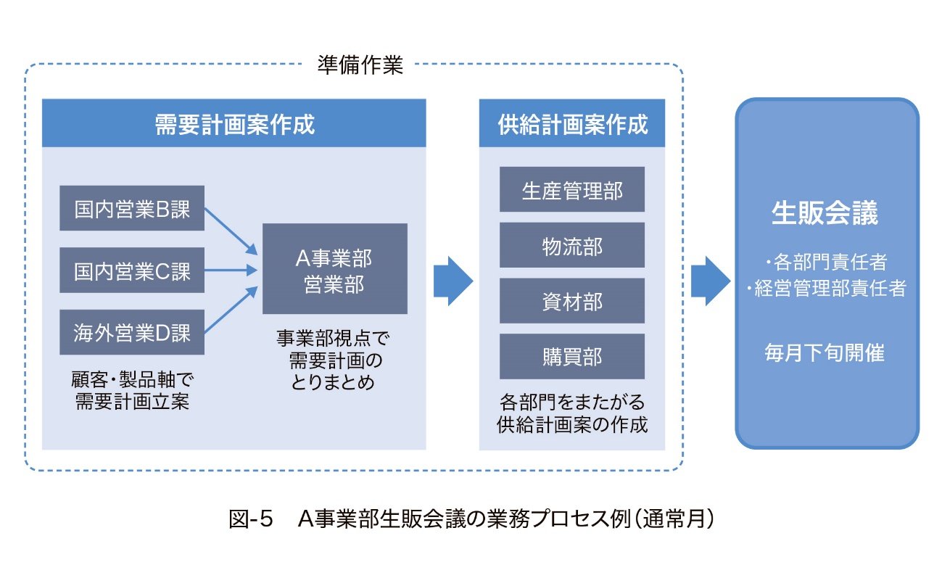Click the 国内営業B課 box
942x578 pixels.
[132, 209]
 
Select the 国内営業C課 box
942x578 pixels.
[132, 271]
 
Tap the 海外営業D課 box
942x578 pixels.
[132, 333]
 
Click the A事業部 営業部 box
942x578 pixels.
[334, 268]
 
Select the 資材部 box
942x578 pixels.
[571, 301]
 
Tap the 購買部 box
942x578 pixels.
[571, 356]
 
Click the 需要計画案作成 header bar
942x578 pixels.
[234, 123]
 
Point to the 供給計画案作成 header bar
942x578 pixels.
[571, 123]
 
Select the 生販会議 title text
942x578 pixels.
[827, 213]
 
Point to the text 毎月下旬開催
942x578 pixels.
[827, 352]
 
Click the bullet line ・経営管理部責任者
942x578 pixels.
[827, 289]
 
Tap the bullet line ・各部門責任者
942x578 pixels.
[827, 260]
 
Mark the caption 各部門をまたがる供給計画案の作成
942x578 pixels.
[571, 413]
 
